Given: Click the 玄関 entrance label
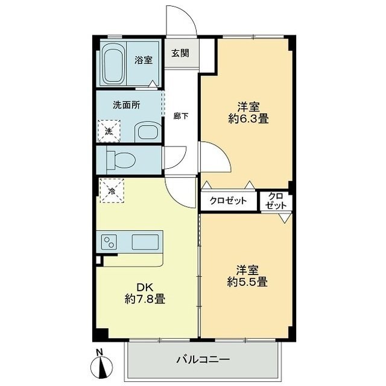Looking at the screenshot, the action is (x=180, y=53).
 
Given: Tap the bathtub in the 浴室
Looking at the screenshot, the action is (x=113, y=65).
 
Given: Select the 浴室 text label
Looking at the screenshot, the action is (x=144, y=60).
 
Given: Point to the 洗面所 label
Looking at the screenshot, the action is (x=127, y=105).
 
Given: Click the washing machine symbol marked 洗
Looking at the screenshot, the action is (x=109, y=131).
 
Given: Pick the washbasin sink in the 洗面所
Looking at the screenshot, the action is (x=148, y=132).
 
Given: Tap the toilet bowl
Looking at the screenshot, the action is (x=121, y=160).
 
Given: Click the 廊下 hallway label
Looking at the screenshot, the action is (x=181, y=116).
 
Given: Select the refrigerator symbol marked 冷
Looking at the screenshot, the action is (x=112, y=191).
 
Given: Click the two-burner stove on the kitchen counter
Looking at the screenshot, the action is (x=109, y=242).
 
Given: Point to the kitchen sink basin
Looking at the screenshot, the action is (x=145, y=242).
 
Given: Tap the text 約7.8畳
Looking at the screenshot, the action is (x=145, y=299).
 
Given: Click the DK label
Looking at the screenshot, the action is (x=145, y=287).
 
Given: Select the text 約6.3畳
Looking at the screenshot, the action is (x=248, y=119).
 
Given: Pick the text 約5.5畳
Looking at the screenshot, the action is (x=247, y=282).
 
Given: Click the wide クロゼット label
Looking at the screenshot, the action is (x=228, y=201).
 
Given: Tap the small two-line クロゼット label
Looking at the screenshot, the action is (x=276, y=200).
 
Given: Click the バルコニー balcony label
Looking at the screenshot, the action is (x=203, y=359).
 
